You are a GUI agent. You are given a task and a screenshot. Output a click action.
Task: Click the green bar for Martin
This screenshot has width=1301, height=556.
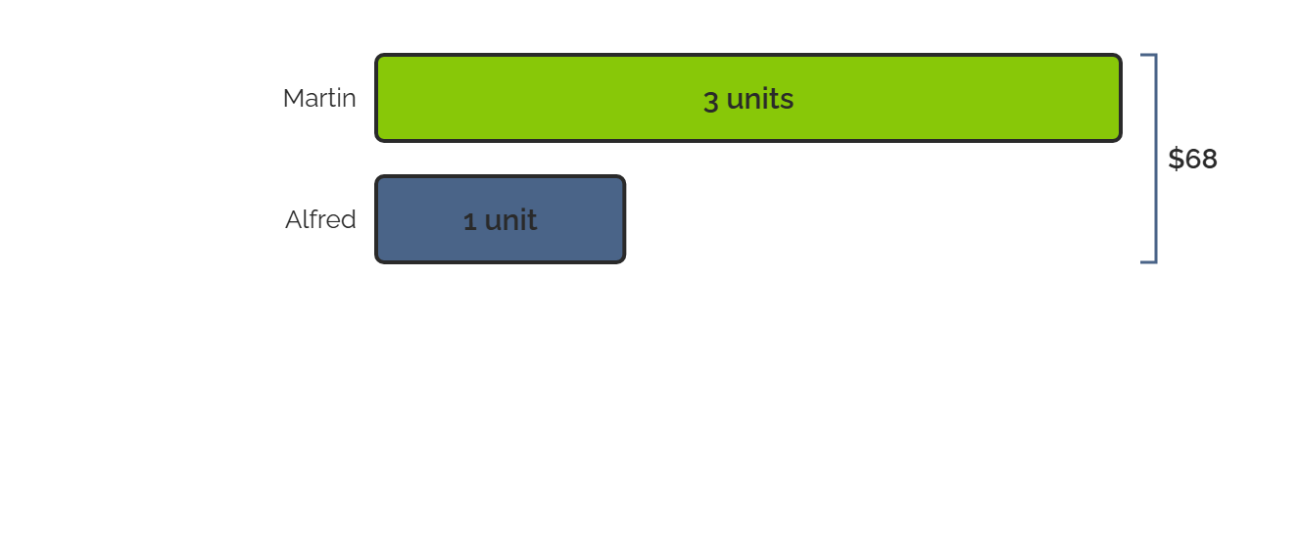748,98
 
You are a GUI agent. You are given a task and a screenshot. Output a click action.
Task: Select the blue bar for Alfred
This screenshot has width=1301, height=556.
500,219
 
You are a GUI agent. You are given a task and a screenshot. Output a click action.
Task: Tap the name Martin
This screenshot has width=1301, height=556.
318,98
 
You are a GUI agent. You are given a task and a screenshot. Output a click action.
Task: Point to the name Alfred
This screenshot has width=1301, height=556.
320,219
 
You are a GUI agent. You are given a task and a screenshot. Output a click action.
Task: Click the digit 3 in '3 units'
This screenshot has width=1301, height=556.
710,101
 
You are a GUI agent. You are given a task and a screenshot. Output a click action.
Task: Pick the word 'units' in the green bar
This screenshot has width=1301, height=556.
759,98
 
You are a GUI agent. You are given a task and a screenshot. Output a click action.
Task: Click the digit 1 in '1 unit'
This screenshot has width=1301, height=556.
470,221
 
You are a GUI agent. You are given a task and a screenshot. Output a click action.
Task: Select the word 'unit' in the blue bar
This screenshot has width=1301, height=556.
510,220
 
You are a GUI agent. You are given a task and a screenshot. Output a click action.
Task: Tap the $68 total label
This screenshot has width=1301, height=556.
1192,159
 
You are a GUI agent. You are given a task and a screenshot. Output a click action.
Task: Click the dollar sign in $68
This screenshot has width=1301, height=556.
1176,159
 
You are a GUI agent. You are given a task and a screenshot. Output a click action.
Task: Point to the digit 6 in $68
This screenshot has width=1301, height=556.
1192,159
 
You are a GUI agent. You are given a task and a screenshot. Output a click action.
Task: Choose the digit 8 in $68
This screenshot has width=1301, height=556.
1209,159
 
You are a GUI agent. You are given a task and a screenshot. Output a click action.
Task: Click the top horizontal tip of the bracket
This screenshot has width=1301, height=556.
1142,55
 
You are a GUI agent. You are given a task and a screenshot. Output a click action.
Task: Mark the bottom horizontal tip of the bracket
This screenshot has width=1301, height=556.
1142,262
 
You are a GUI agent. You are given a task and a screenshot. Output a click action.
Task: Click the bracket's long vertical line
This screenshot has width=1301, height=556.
1156,159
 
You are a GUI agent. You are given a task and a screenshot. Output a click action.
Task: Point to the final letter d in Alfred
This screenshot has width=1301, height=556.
349,219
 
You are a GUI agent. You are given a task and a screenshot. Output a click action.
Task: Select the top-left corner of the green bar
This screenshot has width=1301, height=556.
376,55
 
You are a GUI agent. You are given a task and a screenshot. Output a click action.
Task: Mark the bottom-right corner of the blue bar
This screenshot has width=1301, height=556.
625,262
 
